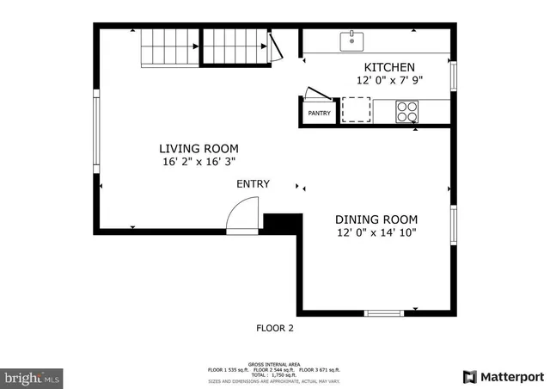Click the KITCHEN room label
coord(389,67)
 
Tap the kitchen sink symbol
coord(352,40)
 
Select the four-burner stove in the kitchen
coord(406,111)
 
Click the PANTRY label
coord(319,113)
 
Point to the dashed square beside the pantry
coord(356,110)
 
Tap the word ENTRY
coord(253,184)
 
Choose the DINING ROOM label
coord(377,219)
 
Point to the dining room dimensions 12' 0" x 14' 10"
coord(377,232)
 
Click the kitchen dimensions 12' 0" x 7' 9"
coord(389,80)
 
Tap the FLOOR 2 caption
coord(275,328)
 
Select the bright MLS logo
coord(33,377)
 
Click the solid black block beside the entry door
coord(281,223)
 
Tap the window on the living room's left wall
coord(96,133)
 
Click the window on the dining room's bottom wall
coord(383,313)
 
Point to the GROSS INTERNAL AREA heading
coord(275,362)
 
